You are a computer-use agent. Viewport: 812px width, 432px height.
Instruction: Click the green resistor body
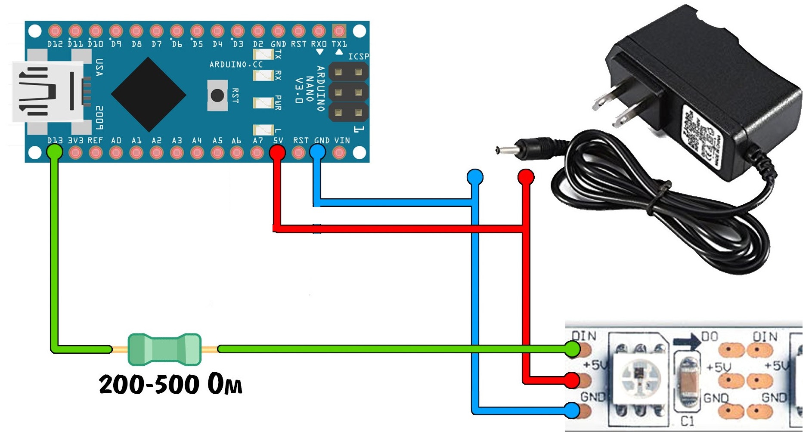pos(164,349)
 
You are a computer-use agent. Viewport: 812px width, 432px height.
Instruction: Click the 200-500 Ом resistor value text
pos(170,384)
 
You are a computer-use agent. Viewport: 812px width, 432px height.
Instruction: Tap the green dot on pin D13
pos(54,151)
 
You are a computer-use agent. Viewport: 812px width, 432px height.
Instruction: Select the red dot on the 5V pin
pos(277,151)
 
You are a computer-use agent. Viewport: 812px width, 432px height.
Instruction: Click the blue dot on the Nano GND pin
pos(318,151)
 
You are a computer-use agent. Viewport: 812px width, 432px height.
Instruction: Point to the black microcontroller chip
pos(149,94)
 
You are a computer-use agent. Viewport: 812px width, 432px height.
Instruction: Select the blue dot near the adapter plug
pos(475,177)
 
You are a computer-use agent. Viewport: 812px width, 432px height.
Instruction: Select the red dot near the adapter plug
pos(526,177)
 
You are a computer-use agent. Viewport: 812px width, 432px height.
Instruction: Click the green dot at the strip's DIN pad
pos(572,349)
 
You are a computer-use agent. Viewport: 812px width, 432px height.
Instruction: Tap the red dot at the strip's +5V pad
pos(572,380)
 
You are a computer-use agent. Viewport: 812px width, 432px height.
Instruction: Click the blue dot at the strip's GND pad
pos(572,410)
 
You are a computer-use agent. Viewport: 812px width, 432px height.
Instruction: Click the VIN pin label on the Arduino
pos(342,141)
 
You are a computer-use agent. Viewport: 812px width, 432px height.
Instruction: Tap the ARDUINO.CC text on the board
pos(236,65)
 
